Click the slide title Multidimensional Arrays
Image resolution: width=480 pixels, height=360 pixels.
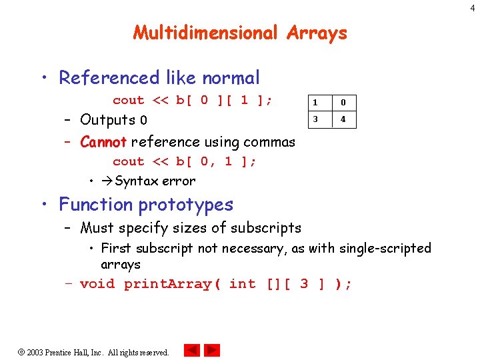(x=240, y=33)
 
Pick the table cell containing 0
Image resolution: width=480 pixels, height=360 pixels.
(x=343, y=103)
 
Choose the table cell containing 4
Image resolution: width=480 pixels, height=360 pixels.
(x=343, y=120)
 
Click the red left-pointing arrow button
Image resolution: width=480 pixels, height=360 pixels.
(x=192, y=350)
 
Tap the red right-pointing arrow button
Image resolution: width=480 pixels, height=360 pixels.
(x=212, y=350)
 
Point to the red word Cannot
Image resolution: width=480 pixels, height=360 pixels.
(x=103, y=142)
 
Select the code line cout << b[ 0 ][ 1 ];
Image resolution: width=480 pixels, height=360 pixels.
(x=192, y=101)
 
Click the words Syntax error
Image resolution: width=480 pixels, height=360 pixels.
(x=155, y=181)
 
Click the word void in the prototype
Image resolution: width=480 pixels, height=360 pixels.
(x=97, y=284)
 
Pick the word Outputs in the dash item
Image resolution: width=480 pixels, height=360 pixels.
(x=107, y=120)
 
